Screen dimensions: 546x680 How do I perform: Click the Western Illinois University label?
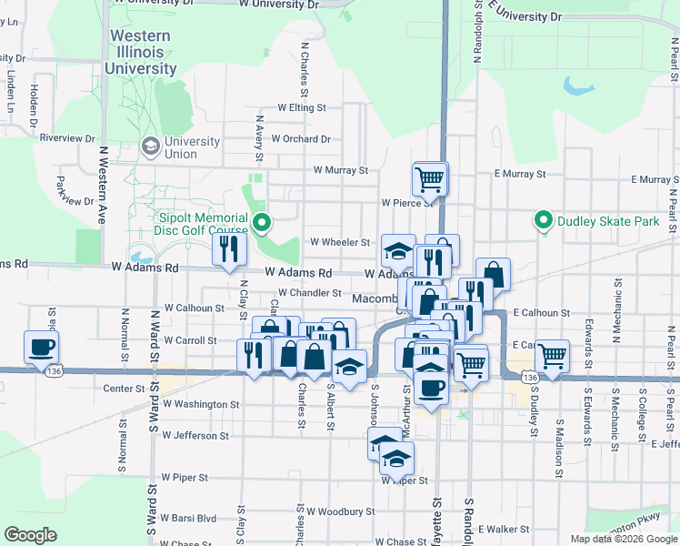coord(140,52)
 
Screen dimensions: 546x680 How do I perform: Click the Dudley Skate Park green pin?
coord(544,220)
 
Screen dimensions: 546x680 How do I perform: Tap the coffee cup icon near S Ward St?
coord(42,348)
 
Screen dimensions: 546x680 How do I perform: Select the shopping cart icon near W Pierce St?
coord(429,177)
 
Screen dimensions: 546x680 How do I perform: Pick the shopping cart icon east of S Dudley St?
coord(551,355)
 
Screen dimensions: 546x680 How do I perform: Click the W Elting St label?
coord(302,107)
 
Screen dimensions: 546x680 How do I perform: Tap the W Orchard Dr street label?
coord(301,139)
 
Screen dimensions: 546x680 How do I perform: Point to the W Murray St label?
coord(340,170)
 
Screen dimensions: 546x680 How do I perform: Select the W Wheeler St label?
coord(340,243)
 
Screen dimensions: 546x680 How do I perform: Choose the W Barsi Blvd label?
coord(189,518)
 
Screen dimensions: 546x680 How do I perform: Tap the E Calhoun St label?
coord(541,312)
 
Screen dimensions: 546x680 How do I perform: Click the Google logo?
coord(31,535)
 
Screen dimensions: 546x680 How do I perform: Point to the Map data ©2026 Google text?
coord(623,539)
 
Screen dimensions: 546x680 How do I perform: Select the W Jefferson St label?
coord(196,436)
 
